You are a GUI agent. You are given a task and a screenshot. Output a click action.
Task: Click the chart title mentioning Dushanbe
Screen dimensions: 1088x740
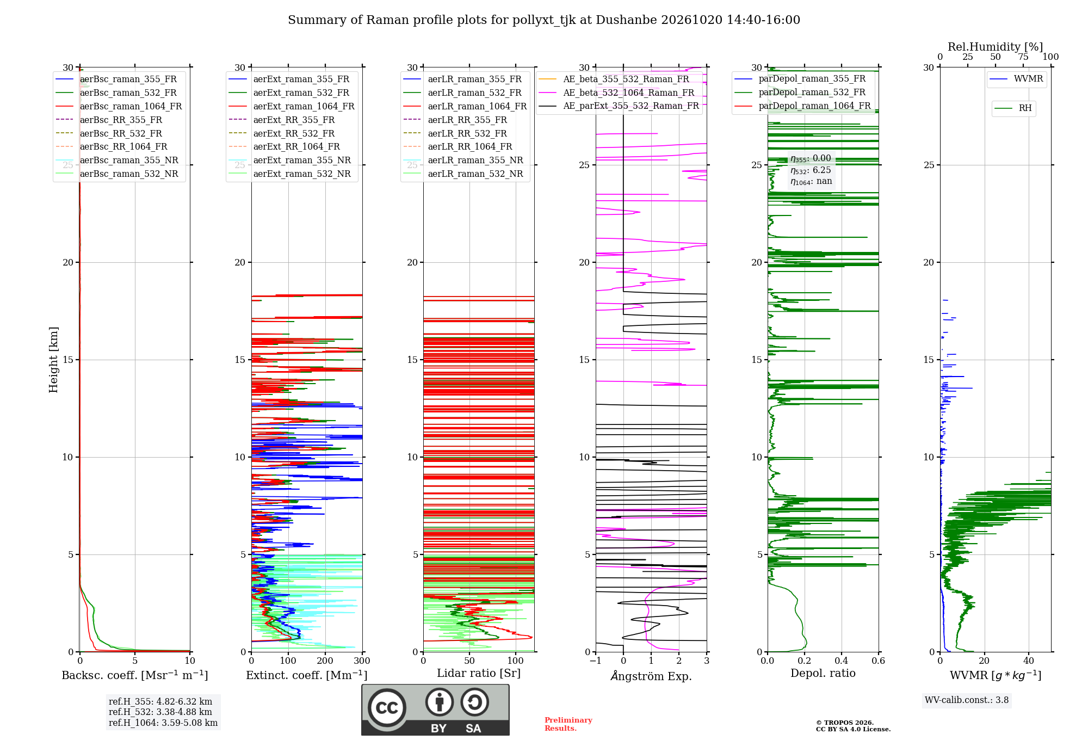coord(544,20)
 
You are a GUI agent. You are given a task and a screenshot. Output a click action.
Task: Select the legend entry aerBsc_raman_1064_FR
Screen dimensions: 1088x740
coord(131,106)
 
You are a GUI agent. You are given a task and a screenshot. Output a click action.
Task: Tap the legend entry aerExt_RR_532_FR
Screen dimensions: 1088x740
coord(294,133)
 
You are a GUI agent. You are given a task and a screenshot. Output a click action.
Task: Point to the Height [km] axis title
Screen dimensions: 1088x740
coord(53,359)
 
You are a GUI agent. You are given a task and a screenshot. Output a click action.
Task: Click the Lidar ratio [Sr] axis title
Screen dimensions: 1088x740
coord(479,673)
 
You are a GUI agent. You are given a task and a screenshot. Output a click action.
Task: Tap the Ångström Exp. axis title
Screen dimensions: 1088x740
coord(651,676)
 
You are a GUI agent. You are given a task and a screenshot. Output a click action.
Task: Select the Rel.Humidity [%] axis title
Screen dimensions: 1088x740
coord(996,47)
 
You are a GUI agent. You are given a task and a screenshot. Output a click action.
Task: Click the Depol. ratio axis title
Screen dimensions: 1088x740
coord(823,673)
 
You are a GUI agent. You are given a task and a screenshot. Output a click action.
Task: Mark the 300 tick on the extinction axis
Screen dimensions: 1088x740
coord(362,661)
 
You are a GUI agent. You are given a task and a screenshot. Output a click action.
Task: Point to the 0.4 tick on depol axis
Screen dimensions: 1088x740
coord(842,661)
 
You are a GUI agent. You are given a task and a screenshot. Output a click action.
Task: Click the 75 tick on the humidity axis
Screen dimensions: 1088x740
coord(1023,57)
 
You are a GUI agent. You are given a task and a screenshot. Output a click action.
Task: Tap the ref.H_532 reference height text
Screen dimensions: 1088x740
coord(160,712)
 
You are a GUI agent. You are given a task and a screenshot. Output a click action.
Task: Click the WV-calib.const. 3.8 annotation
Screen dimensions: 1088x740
coord(967,700)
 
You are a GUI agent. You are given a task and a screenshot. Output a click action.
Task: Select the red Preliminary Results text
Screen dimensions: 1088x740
coord(568,724)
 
